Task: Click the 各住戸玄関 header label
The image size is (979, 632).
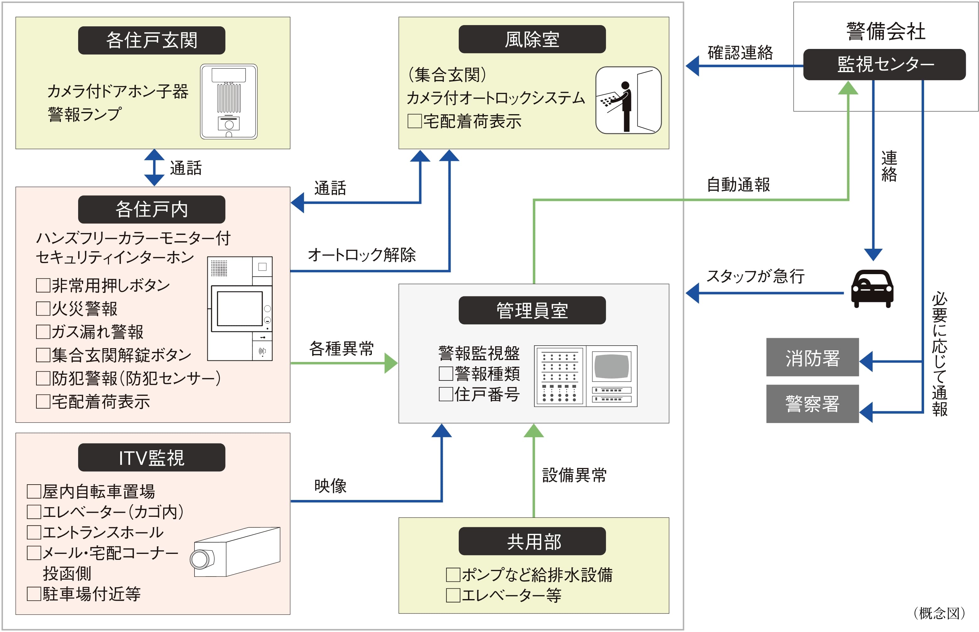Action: coord(152,40)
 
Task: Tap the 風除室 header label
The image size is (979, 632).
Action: coord(532,40)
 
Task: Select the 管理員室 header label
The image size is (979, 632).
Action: coord(532,310)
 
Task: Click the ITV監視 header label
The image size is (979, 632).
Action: coord(152,457)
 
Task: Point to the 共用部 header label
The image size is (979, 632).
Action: coord(532,541)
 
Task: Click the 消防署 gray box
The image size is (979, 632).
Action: coord(812,357)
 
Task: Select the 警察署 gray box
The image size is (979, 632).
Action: coord(812,404)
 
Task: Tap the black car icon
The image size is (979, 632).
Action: coord(872,288)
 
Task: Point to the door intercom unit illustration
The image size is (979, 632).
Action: coord(229,101)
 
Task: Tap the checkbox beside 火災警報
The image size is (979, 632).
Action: coord(43,308)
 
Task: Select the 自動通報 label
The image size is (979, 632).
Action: coord(738,185)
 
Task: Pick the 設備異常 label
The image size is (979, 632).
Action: coord(574,475)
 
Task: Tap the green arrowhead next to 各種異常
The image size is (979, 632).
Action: coord(390,363)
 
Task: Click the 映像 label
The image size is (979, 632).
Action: coord(330,486)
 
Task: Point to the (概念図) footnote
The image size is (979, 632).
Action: coord(938,613)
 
